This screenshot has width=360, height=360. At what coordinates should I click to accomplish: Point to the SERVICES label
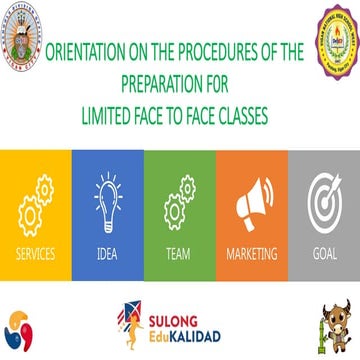35,252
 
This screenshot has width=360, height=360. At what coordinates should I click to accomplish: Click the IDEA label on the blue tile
107,252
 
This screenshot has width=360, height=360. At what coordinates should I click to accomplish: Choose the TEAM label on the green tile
178,252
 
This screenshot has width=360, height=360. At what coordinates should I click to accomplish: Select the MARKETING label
250,252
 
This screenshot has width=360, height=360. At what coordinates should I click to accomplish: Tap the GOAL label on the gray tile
322,252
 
